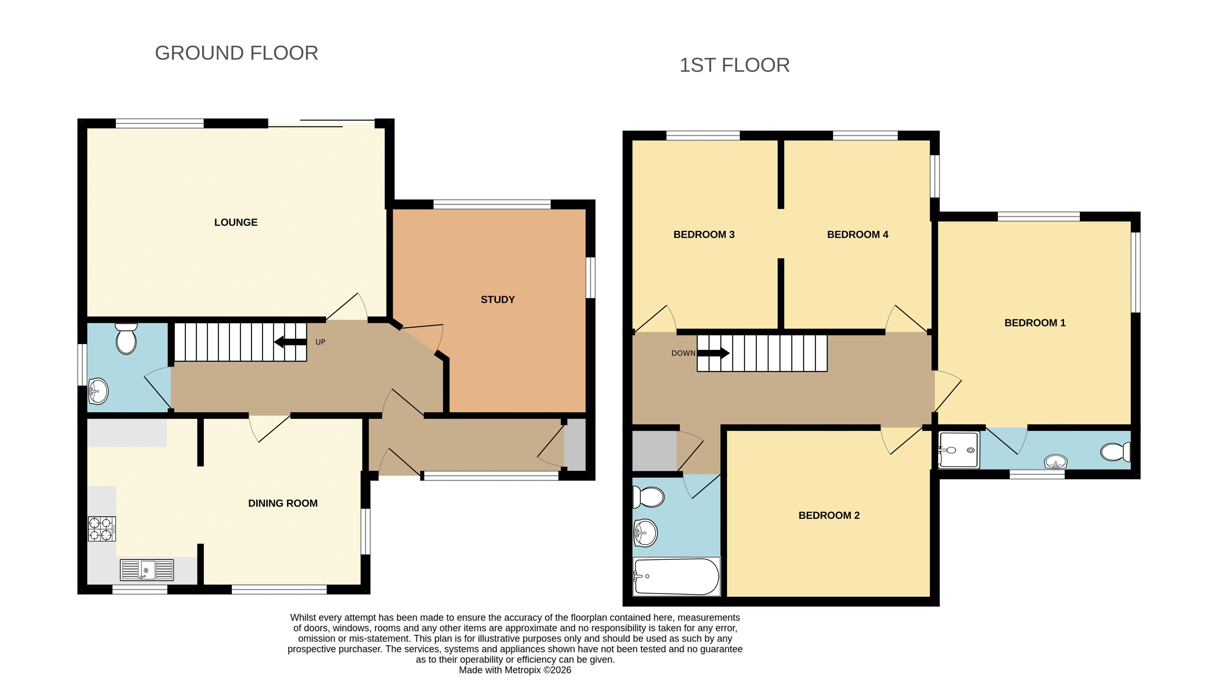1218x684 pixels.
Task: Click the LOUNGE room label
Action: [x=236, y=223]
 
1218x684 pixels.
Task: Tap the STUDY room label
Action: [x=497, y=300]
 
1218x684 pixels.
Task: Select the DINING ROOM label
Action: [x=283, y=503]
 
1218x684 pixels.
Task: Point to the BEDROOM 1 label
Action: [x=1035, y=323]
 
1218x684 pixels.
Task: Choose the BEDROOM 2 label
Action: [x=829, y=516]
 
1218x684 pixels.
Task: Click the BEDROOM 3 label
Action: [x=704, y=235]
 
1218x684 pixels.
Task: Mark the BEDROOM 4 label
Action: [x=858, y=235]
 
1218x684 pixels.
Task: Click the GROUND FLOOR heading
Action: [x=236, y=53]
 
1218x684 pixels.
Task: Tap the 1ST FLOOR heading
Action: [x=734, y=65]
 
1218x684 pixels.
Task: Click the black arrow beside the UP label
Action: [x=290, y=342]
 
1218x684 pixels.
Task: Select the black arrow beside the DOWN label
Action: [x=713, y=353]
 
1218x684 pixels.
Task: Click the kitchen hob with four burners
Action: [x=102, y=529]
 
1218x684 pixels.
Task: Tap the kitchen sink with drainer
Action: [x=147, y=570]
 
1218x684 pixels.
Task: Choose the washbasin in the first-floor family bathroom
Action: [x=645, y=533]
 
